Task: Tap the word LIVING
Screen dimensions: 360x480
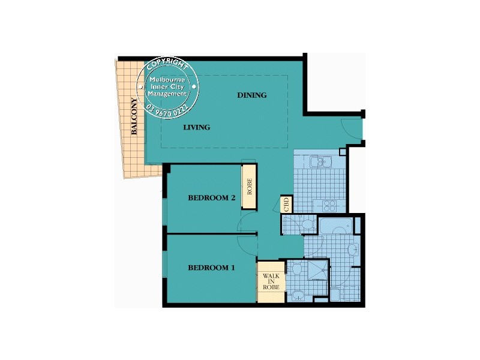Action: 196,127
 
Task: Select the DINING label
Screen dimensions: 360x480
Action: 252,95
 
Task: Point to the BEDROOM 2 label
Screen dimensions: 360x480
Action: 211,198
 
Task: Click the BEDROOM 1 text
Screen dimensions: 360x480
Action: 211,268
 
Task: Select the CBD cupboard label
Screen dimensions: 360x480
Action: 286,203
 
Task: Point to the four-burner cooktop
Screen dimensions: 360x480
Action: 331,205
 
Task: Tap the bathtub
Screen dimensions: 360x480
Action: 336,227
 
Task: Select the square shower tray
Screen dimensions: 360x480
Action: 316,270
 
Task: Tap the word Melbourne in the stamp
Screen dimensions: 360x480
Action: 168,80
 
